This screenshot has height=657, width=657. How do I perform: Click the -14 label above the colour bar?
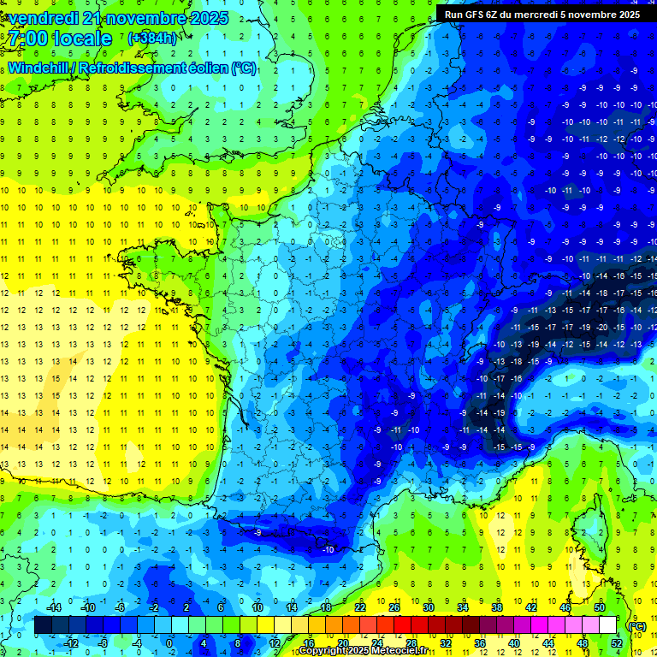click(x=53, y=607)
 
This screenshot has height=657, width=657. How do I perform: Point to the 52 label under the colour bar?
click(x=616, y=643)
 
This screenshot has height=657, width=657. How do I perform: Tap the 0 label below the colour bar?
click(x=169, y=643)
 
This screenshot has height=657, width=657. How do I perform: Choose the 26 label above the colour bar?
click(x=394, y=607)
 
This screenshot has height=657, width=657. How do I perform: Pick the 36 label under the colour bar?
click(x=479, y=643)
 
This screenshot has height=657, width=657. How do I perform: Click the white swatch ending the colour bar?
click(x=607, y=625)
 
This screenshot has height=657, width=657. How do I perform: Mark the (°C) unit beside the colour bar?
click(x=636, y=625)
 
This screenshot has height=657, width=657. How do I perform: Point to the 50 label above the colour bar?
click(x=599, y=607)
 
